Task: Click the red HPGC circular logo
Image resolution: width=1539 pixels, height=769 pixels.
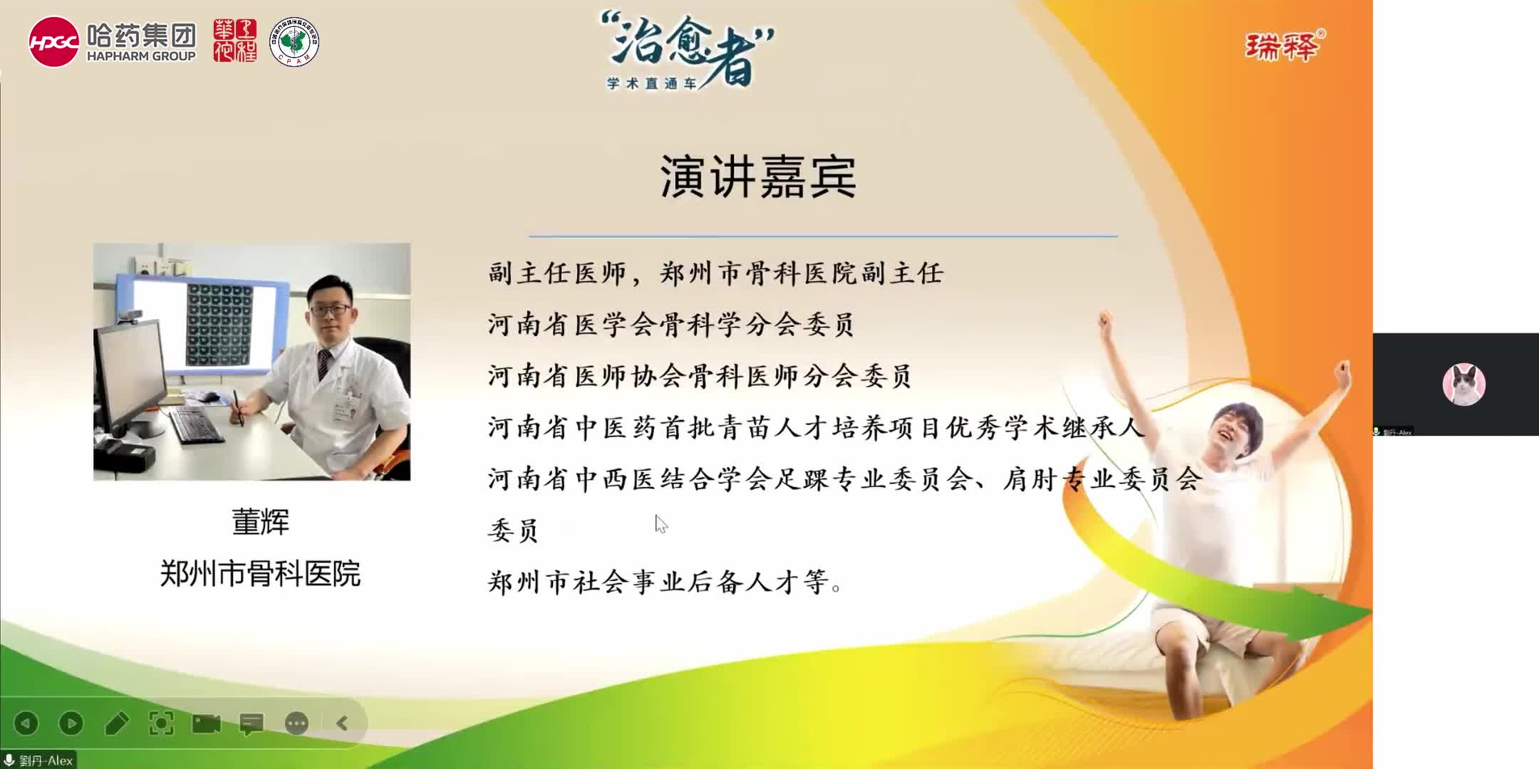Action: click(x=53, y=42)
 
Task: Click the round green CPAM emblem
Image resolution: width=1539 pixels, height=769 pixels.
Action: click(x=294, y=42)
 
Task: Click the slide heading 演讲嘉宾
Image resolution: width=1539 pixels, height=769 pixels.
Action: click(x=758, y=177)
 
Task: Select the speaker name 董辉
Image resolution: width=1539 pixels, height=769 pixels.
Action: click(x=261, y=522)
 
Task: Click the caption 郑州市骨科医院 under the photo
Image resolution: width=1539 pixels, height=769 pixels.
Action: click(x=260, y=573)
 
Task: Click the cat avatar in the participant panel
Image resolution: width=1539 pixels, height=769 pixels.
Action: click(x=1463, y=384)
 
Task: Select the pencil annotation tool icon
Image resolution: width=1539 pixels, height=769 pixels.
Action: click(x=116, y=723)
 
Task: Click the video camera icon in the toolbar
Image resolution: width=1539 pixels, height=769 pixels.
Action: click(x=207, y=723)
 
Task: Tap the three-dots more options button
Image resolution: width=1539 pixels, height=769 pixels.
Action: click(x=296, y=723)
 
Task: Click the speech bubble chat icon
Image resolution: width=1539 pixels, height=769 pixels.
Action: click(x=252, y=723)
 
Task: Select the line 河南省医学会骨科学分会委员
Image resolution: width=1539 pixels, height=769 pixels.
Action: click(x=670, y=325)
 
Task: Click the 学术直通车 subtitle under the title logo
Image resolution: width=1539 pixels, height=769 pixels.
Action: click(x=651, y=83)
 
